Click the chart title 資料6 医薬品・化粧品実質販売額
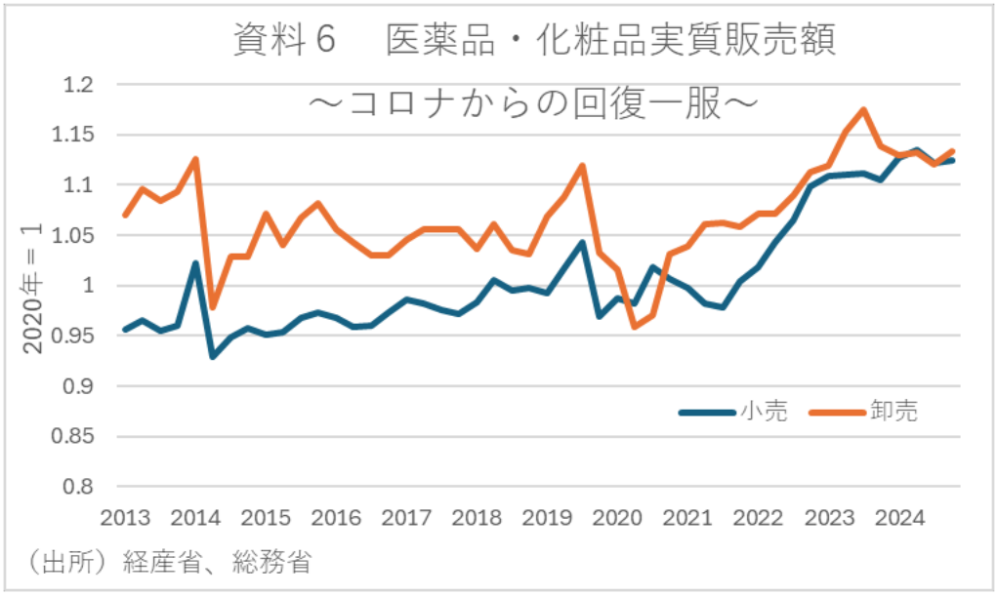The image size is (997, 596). pos(535,41)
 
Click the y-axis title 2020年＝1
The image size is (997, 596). pos(30,287)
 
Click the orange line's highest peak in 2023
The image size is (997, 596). pos(863,109)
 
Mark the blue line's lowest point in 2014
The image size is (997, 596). pos(213,356)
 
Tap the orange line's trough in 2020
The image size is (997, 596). pos(635,326)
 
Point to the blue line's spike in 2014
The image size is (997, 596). pos(195,263)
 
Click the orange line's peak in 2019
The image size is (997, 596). pos(582,166)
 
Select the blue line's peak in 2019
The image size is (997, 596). pos(582,242)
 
